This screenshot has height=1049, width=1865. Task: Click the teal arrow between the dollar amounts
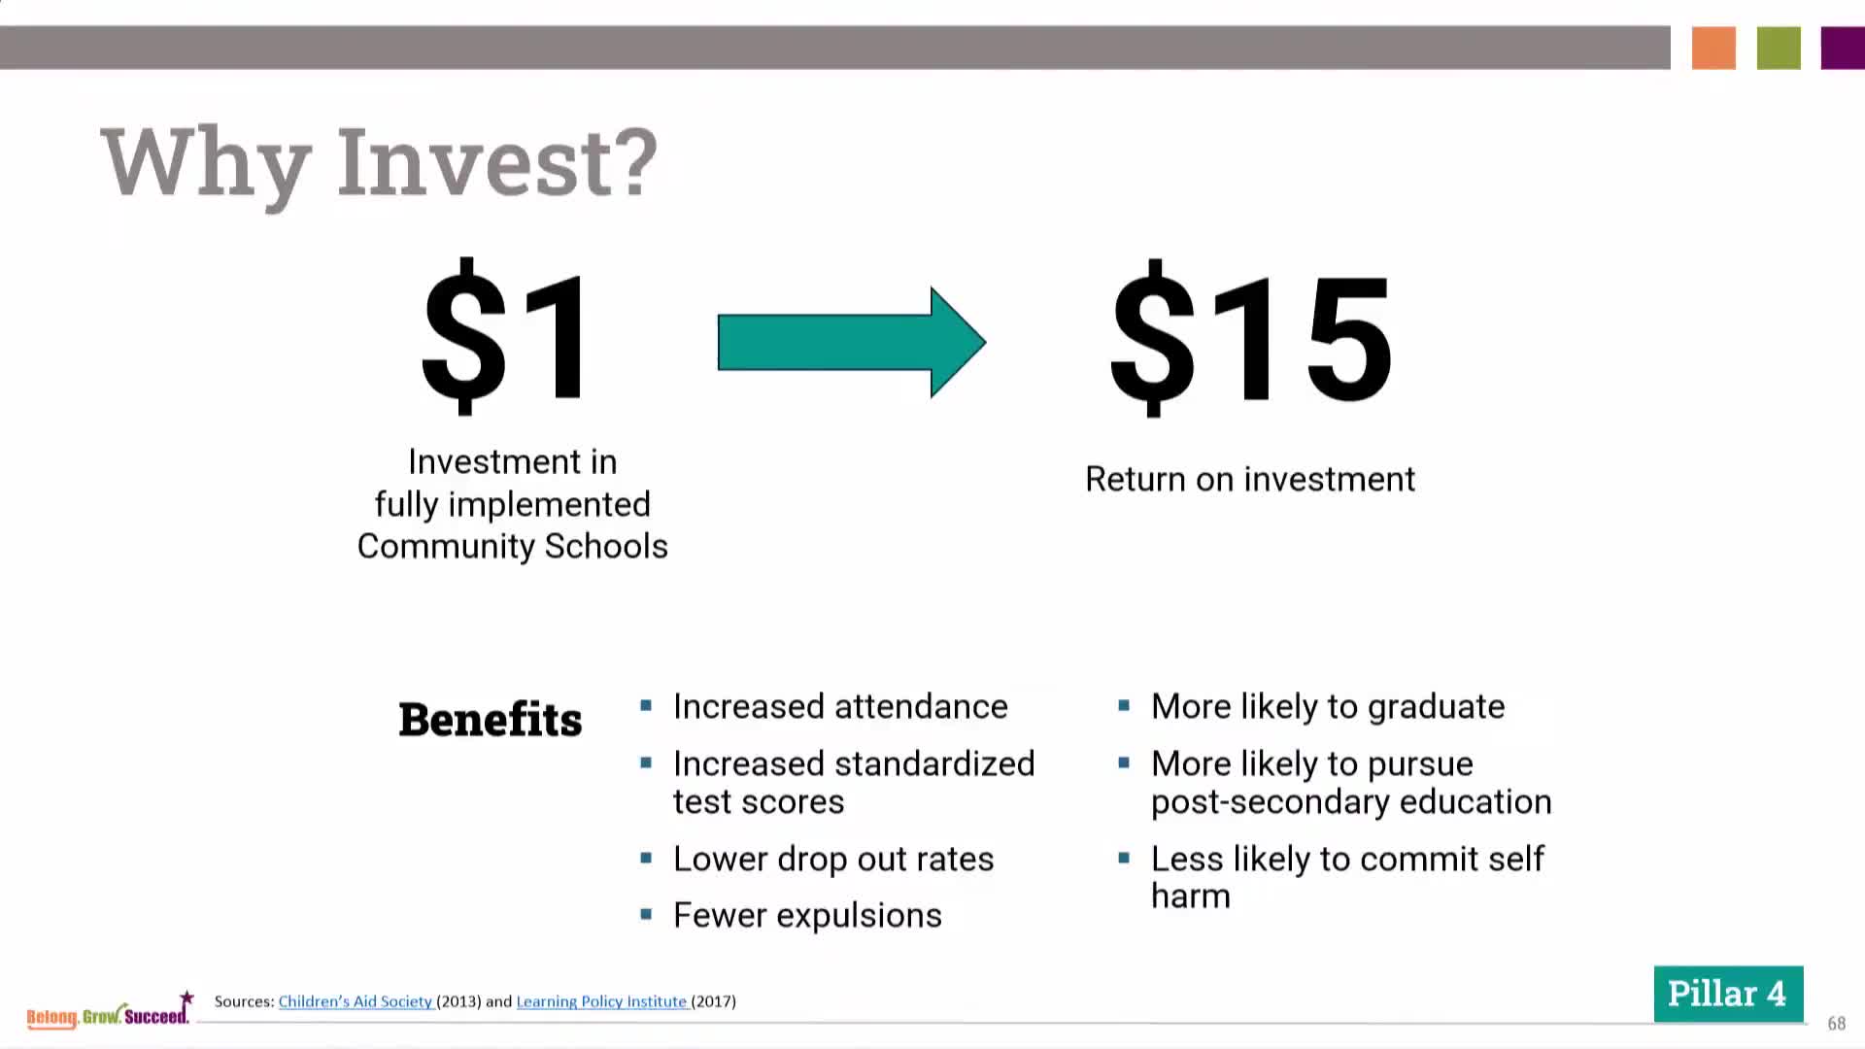click(x=852, y=342)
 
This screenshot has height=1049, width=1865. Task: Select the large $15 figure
click(x=1251, y=338)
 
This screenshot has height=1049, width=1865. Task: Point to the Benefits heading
click(x=491, y=720)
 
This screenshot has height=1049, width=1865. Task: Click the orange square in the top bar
click(x=1713, y=48)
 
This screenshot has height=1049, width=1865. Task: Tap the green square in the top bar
click(x=1779, y=48)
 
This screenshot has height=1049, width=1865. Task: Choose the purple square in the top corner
click(x=1843, y=48)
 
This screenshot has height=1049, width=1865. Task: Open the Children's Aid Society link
click(x=356, y=1001)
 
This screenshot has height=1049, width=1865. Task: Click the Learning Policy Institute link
click(x=602, y=1001)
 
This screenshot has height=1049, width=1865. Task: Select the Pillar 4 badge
click(x=1728, y=994)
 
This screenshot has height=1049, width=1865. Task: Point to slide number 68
click(x=1836, y=1023)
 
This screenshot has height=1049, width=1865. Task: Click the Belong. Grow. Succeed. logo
click(x=109, y=1011)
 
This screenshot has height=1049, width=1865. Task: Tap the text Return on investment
click(x=1250, y=479)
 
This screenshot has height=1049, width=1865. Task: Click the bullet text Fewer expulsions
click(x=807, y=915)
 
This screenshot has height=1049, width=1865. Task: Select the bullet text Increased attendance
click(x=840, y=706)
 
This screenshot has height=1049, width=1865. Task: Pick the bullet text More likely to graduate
click(x=1328, y=706)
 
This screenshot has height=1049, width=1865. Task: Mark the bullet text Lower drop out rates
click(x=833, y=859)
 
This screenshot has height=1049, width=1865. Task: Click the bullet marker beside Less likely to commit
click(x=1124, y=858)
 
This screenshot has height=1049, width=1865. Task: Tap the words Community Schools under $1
click(x=512, y=546)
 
